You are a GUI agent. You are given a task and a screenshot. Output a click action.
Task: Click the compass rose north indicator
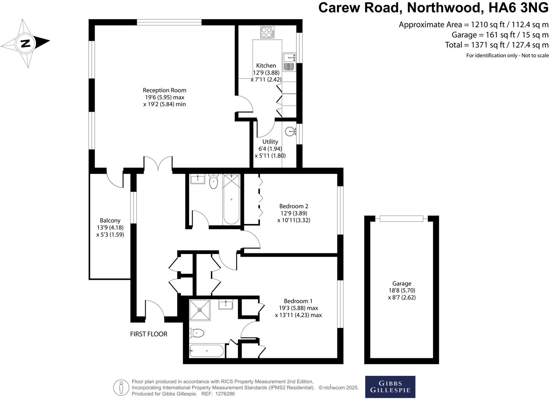pyautogui.click(x=25, y=43)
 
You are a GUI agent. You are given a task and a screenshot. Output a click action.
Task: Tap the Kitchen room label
pyautogui.click(x=266, y=66)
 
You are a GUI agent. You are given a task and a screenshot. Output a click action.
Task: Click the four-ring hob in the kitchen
pyautogui.click(x=267, y=32)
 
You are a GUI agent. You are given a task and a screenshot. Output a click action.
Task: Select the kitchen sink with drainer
pyautogui.click(x=290, y=62)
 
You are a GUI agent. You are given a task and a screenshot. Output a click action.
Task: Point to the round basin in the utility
pyautogui.click(x=291, y=131)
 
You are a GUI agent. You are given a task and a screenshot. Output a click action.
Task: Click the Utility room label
pyautogui.click(x=270, y=142)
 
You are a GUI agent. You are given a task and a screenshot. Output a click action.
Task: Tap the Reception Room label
pyautogui.click(x=164, y=90)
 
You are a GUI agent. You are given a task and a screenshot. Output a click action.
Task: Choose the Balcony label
pyautogui.click(x=110, y=221)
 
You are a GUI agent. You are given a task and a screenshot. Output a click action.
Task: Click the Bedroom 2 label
pyautogui.click(x=293, y=206)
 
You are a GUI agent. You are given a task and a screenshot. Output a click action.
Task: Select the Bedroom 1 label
pyautogui.click(x=298, y=301)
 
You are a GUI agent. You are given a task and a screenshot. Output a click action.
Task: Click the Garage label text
pyautogui.click(x=401, y=283)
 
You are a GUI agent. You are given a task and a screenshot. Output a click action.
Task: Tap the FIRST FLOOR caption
pyautogui.click(x=149, y=334)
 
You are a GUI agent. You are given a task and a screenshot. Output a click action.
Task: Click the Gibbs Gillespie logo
pyautogui.click(x=390, y=386)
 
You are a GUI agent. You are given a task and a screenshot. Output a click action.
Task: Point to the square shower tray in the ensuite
pyautogui.click(x=200, y=310)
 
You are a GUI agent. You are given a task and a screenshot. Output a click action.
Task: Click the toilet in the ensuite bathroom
pyautogui.click(x=196, y=333)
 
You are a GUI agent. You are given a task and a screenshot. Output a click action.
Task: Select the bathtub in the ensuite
pyautogui.click(x=206, y=351)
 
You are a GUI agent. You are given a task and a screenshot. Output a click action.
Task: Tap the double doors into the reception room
pyautogui.click(x=158, y=164)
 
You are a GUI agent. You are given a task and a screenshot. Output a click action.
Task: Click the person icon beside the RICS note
pyautogui.click(x=121, y=388)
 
